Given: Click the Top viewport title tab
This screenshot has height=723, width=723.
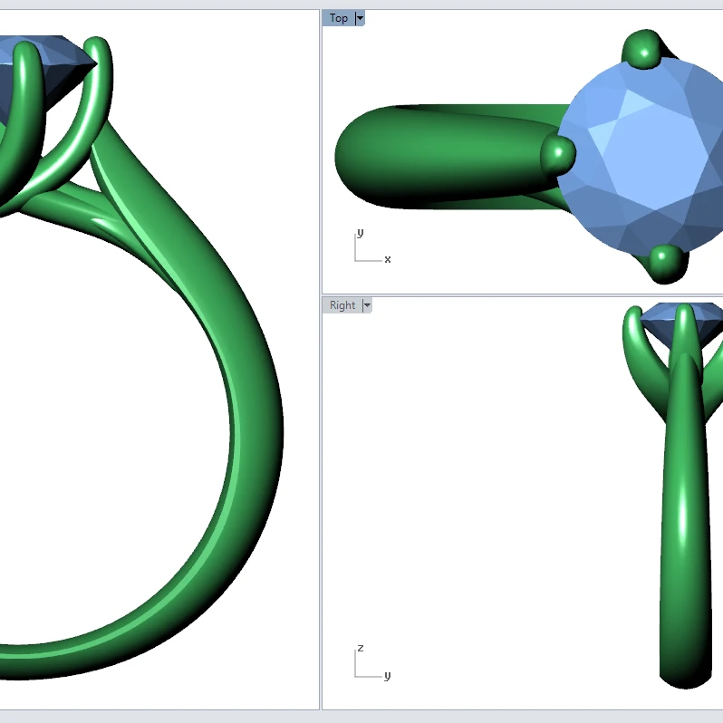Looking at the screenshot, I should click(x=339, y=18).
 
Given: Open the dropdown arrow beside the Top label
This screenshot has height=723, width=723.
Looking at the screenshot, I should click(x=360, y=18).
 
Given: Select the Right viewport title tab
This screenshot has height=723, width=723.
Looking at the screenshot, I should click(x=342, y=305).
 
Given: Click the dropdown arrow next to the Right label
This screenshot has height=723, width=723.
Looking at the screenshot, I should click(x=367, y=305).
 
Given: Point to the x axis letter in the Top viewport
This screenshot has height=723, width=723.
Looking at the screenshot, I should click(x=388, y=259).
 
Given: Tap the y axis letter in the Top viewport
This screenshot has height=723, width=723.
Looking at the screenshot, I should click(x=360, y=233).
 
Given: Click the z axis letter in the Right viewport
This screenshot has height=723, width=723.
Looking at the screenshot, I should click(x=360, y=648).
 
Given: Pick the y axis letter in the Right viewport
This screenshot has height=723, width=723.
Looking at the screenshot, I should click(x=387, y=675).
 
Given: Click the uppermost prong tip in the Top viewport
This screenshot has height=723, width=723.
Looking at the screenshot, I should click(x=645, y=49).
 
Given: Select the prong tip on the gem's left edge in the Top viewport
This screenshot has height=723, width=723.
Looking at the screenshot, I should click(x=558, y=153).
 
